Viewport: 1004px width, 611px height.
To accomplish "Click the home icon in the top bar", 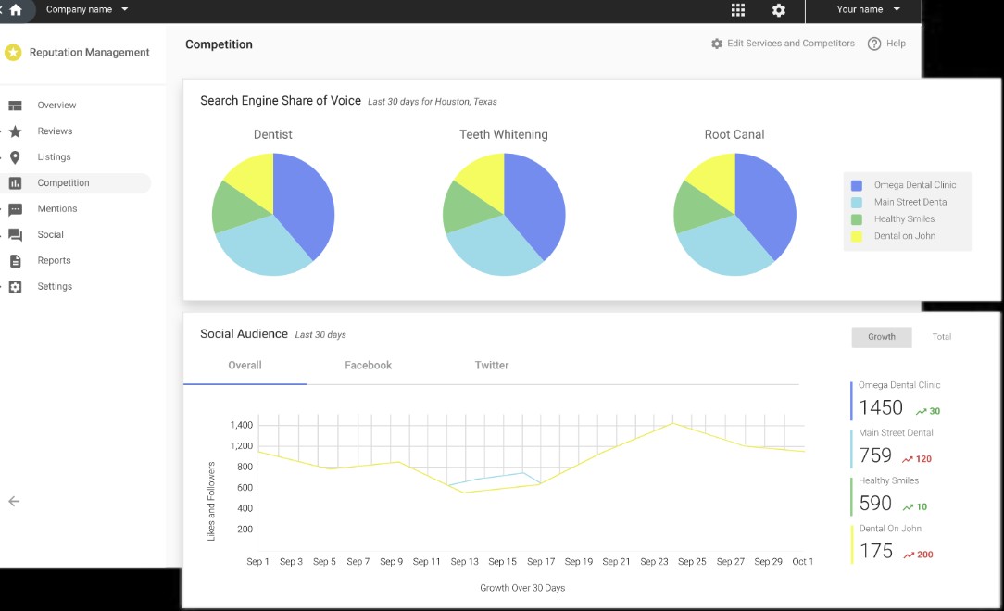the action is [x=16, y=9].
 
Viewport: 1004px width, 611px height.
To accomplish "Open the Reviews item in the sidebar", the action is [x=55, y=131].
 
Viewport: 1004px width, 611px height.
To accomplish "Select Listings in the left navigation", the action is [x=54, y=156].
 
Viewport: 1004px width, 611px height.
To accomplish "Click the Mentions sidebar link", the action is [x=57, y=208].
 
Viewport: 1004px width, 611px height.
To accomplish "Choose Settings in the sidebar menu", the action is [x=55, y=286].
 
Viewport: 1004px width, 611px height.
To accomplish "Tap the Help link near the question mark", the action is [x=896, y=44].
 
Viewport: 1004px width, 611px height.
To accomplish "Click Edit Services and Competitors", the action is [x=790, y=44].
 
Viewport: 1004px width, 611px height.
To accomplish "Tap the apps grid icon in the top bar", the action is [x=737, y=9].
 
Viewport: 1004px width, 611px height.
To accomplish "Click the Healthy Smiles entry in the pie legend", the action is [x=904, y=218].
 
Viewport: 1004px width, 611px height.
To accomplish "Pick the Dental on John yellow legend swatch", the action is [x=856, y=236].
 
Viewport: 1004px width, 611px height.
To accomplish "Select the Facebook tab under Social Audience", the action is [x=369, y=366].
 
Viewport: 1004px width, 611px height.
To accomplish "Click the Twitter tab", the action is [x=492, y=366].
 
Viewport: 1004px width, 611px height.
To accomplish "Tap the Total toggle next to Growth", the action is [x=941, y=337].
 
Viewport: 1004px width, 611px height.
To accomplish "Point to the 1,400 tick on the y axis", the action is [x=242, y=425].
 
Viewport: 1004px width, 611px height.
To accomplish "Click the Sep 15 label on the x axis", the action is [x=502, y=562].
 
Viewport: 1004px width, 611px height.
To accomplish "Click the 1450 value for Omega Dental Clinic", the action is [x=881, y=407].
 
